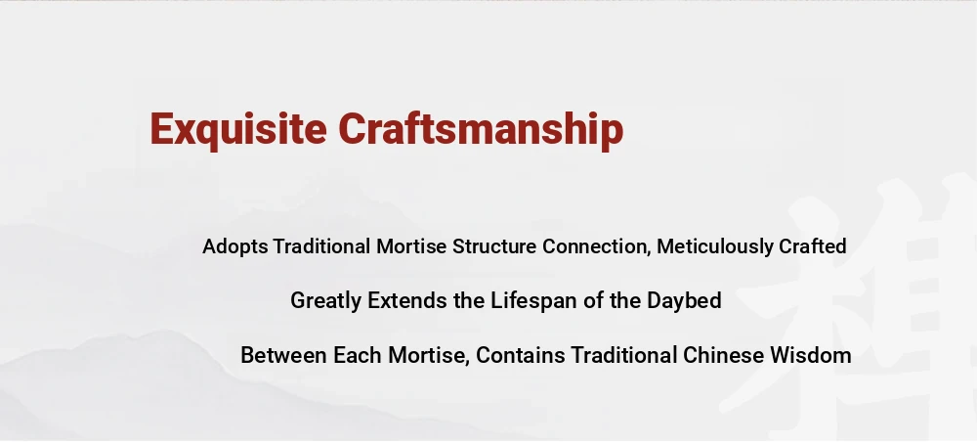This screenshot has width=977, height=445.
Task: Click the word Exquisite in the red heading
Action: point(238,130)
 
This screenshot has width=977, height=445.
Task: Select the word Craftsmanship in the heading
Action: point(481,130)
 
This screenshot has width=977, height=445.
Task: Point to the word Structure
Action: point(494,246)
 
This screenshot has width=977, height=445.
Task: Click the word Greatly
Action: point(326,301)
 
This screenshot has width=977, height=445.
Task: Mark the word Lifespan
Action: point(534,301)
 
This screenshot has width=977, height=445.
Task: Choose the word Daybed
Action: point(684,301)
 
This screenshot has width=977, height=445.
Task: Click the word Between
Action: point(283,355)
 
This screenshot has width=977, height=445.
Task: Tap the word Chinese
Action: point(723,355)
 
